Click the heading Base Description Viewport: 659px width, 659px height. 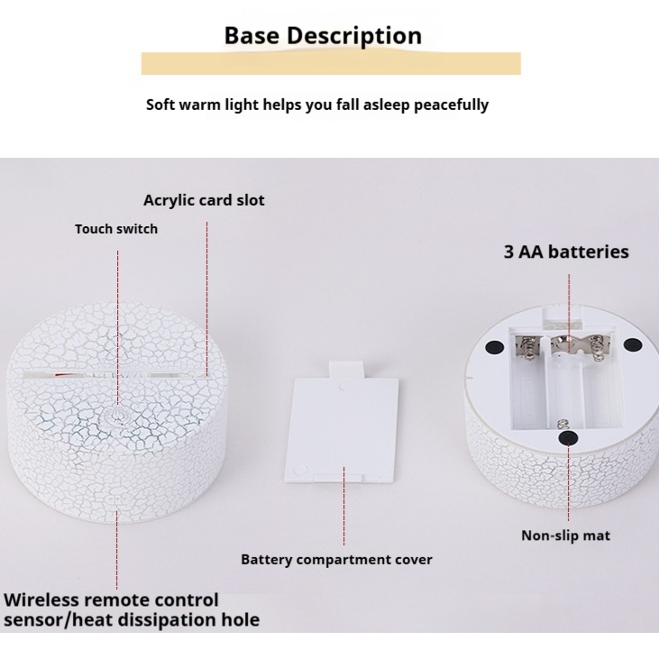[323, 36]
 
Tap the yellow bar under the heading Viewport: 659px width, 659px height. [331, 63]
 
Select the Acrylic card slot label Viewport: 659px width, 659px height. [204, 200]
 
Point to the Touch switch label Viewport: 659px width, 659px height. [116, 229]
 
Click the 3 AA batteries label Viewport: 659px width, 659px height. [566, 252]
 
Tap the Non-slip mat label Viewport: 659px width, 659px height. [566, 535]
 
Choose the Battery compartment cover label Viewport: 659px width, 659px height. [336, 560]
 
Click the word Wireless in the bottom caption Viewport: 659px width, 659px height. [41, 600]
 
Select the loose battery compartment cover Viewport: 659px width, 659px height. [342, 424]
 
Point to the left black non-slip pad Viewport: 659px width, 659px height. [494, 347]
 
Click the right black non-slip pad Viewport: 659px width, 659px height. [632, 345]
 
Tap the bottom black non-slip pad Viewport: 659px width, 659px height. [568, 438]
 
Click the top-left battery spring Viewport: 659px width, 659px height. [525, 348]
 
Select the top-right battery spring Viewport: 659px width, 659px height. [596, 348]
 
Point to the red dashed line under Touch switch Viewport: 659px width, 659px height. [118, 328]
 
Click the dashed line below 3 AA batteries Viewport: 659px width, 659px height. [569, 314]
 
